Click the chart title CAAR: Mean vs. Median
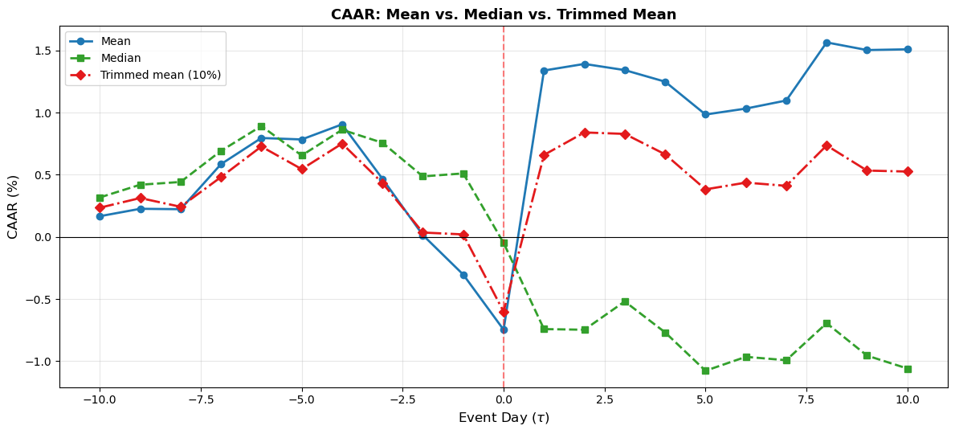(x=504, y=14)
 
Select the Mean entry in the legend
(x=116, y=41)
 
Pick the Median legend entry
(x=120, y=58)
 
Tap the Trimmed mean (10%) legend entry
(x=160, y=75)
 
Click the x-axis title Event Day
(x=504, y=418)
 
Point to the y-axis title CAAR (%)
(x=13, y=207)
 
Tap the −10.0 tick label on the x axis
(x=100, y=400)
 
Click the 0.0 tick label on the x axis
(x=504, y=400)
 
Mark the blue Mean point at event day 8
(x=826, y=43)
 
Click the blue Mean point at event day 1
(x=544, y=71)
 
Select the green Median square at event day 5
(x=705, y=371)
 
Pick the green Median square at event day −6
(x=261, y=126)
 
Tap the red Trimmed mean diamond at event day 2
(x=585, y=133)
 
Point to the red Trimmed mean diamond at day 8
(x=826, y=145)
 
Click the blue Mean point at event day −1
(x=463, y=275)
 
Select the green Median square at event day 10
(x=908, y=369)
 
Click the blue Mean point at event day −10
(x=100, y=216)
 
